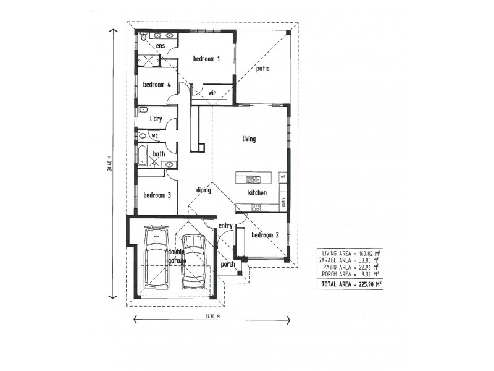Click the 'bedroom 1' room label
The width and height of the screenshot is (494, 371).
click(x=206, y=59)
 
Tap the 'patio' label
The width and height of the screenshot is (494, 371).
click(x=263, y=69)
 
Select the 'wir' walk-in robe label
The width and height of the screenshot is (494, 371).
click(x=212, y=93)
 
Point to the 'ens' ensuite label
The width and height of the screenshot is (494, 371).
click(x=161, y=46)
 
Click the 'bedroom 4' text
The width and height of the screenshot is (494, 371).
click(x=157, y=85)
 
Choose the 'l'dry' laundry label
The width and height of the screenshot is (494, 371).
click(x=156, y=118)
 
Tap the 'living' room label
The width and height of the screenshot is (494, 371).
click(x=249, y=139)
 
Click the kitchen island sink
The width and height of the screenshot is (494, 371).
click(x=253, y=180)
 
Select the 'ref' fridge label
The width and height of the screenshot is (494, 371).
click(x=283, y=177)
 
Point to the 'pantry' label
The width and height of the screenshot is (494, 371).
click(x=283, y=201)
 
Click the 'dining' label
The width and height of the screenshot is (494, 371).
click(x=204, y=190)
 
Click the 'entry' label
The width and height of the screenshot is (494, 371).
click(x=225, y=226)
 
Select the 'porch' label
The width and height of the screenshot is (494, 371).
click(x=228, y=264)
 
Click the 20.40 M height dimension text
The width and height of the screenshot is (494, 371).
click(x=109, y=164)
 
